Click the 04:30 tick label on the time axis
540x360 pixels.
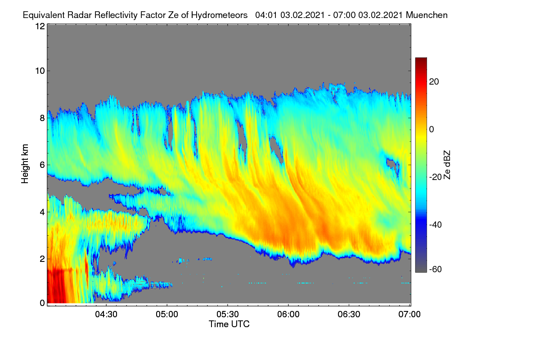106,315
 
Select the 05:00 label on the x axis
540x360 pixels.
167,315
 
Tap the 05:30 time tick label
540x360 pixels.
228,315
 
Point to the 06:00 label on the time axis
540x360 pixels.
288,315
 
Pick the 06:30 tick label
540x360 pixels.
349,315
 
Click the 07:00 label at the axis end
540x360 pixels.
409,315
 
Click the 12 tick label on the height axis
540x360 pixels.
40,26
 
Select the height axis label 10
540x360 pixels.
40,71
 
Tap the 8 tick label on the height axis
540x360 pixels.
42,118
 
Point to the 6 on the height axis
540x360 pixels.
42,165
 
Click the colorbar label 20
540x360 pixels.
434,82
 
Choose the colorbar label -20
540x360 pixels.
436,177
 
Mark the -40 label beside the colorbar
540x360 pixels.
436,225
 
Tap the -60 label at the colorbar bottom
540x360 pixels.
436,270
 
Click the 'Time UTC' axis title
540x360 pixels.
229,324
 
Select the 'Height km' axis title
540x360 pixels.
25,164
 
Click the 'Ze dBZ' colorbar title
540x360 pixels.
447,165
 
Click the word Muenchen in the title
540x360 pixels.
427,15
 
